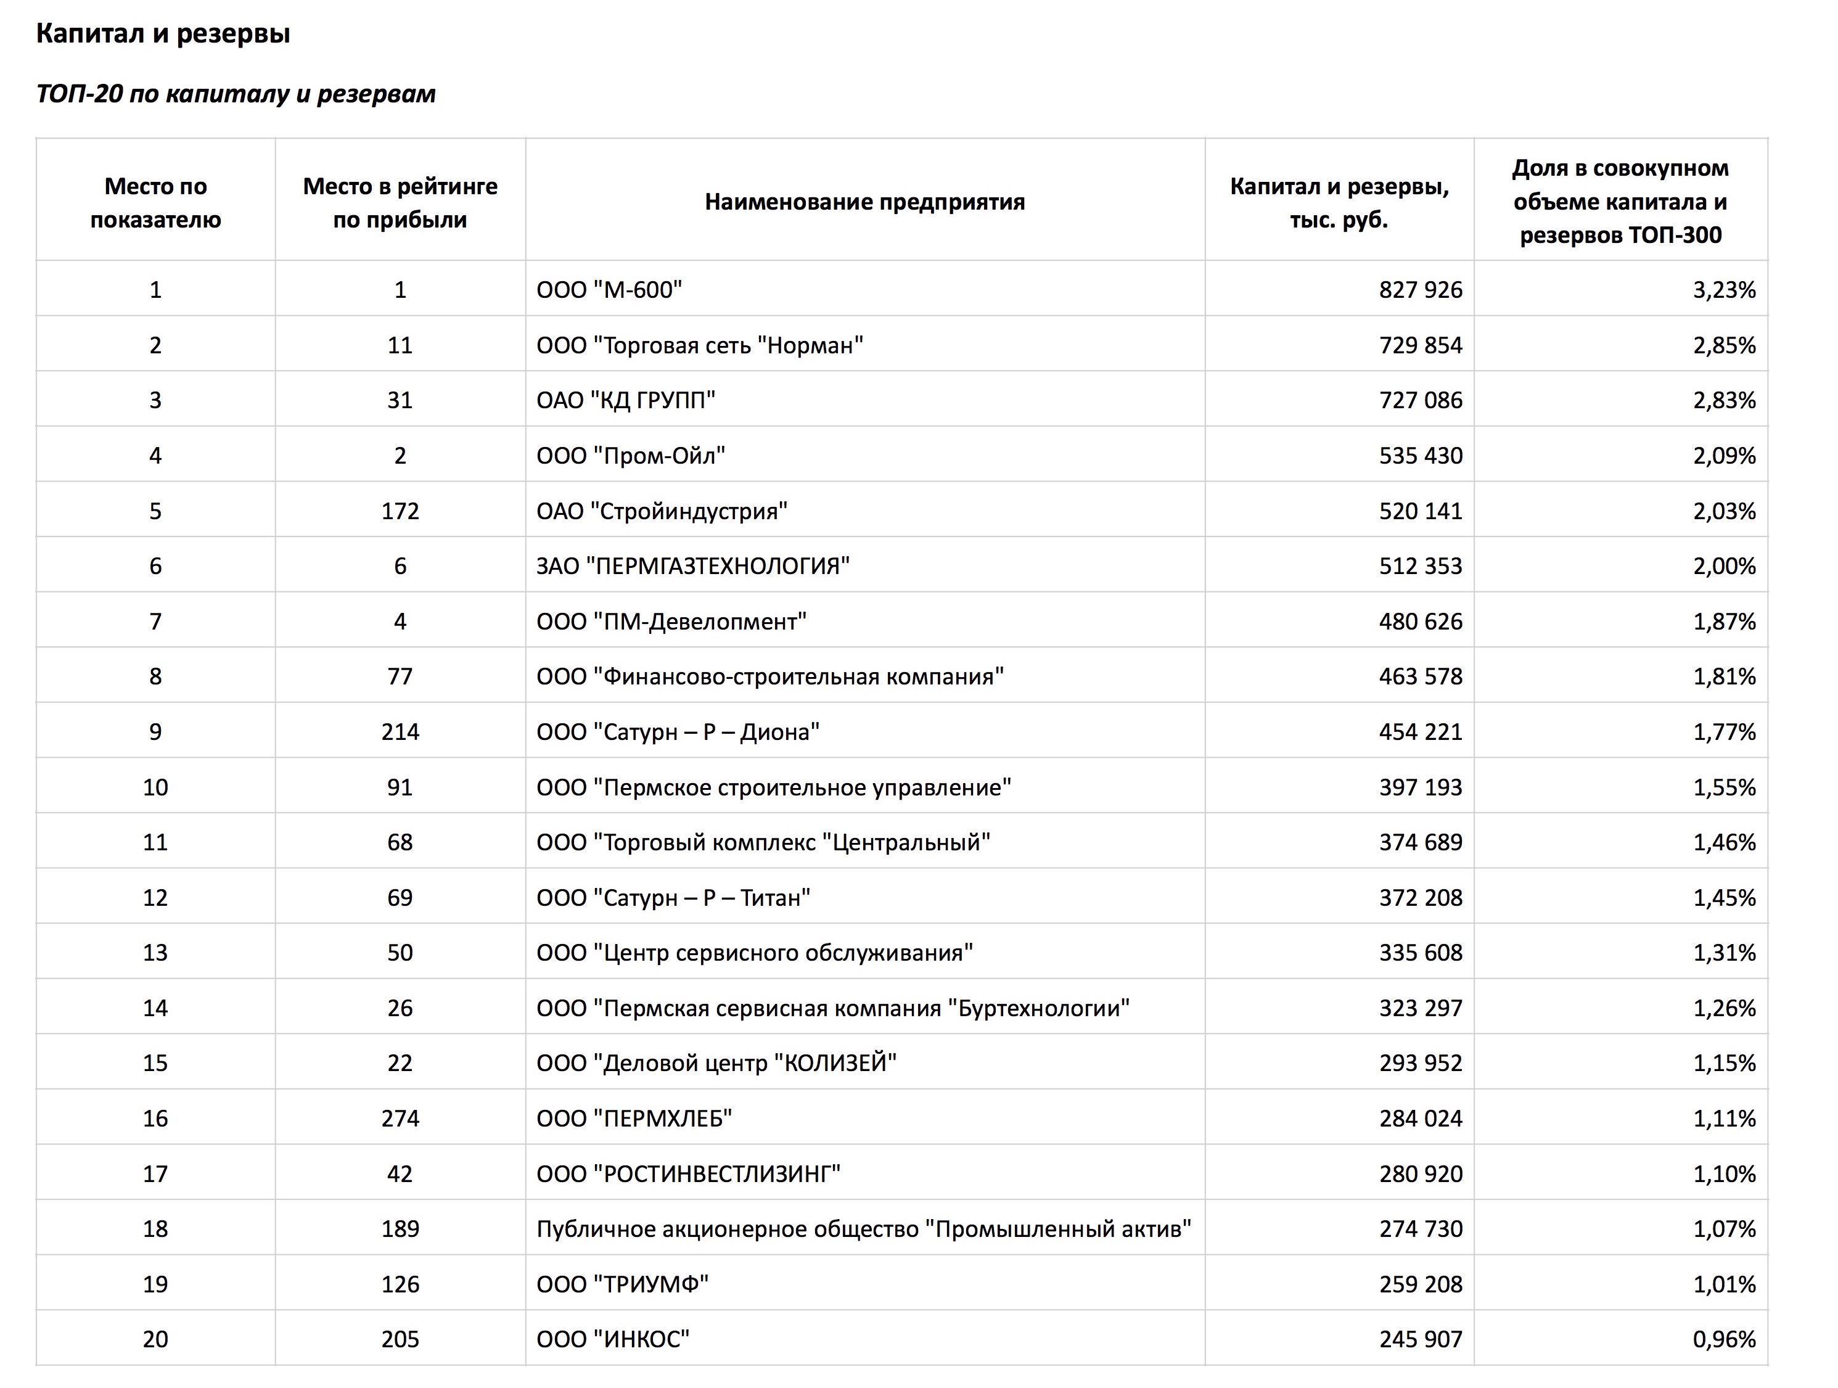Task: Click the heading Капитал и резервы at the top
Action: pyautogui.click(x=163, y=33)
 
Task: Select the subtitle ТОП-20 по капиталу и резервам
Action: pyautogui.click(x=236, y=94)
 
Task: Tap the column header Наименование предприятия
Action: pyautogui.click(x=864, y=202)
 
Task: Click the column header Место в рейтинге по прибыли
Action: pyautogui.click(x=400, y=203)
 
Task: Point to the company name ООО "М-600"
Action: pyautogui.click(x=609, y=290)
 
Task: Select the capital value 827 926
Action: pyautogui.click(x=1420, y=290)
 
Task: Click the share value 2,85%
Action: pyautogui.click(x=1724, y=345)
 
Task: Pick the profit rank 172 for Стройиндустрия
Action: pyautogui.click(x=400, y=511)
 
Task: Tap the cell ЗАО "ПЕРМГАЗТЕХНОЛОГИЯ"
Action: pyautogui.click(x=693, y=566)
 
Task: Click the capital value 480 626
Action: pyautogui.click(x=1420, y=622)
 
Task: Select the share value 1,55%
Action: pyautogui.click(x=1724, y=787)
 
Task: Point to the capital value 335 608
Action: pyautogui.click(x=1420, y=953)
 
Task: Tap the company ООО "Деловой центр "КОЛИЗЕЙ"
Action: pyautogui.click(x=716, y=1063)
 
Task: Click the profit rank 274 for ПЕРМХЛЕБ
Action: pyautogui.click(x=400, y=1119)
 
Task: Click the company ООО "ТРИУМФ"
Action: pyautogui.click(x=622, y=1285)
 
